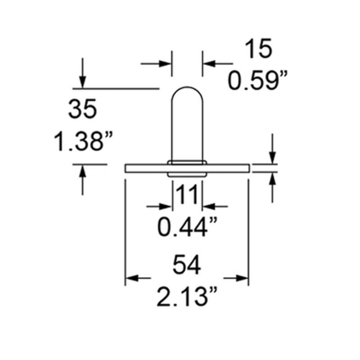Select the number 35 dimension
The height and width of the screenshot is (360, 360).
click(x=82, y=110)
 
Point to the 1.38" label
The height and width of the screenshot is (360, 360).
click(x=82, y=143)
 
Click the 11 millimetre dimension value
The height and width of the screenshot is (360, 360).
click(x=187, y=195)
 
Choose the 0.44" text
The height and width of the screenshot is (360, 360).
click(x=187, y=227)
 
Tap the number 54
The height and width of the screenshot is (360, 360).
click(x=187, y=264)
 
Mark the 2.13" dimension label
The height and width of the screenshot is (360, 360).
click(x=187, y=296)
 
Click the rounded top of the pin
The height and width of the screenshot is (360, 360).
click(x=187, y=96)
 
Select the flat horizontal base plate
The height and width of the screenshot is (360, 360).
click(x=144, y=167)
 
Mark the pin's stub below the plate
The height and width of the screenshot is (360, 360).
click(x=187, y=175)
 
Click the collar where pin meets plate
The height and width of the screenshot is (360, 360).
click(x=187, y=162)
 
